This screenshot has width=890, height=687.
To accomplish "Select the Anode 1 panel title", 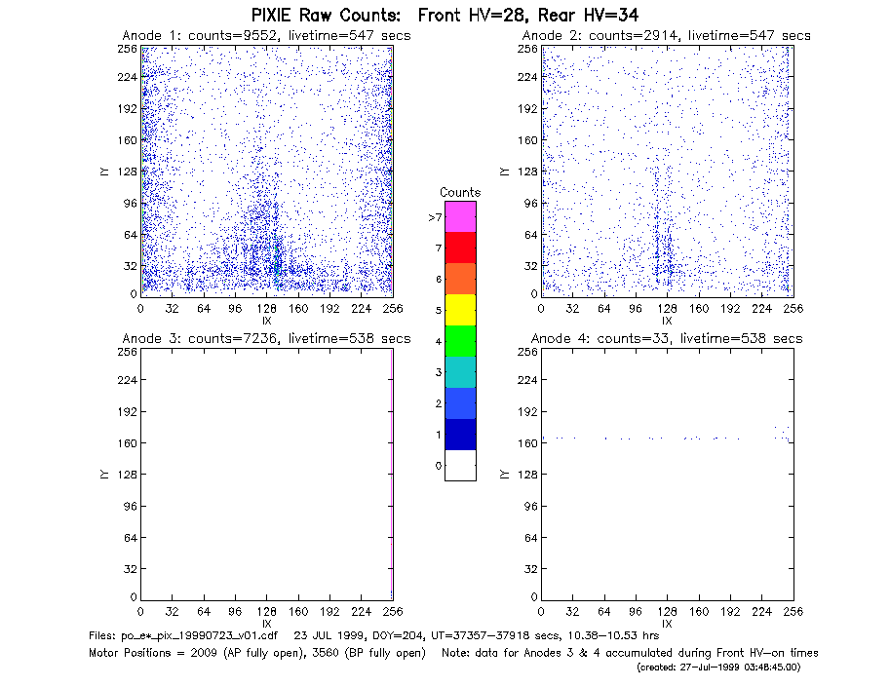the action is point(266,36).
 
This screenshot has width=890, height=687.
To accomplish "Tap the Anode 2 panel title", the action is point(667,36).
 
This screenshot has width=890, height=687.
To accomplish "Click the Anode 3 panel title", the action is point(266,339).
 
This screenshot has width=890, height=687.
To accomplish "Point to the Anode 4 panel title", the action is point(667,339).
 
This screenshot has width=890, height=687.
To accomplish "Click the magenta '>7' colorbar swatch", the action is point(460,216).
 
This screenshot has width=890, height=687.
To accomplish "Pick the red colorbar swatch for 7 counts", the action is point(460,248).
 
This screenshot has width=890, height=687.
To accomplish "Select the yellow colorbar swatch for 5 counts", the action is point(460,310).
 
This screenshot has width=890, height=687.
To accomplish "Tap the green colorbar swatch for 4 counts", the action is point(460,341).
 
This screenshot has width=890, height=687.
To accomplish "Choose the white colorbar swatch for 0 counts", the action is point(460,465).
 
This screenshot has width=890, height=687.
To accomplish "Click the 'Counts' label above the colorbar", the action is point(460,192).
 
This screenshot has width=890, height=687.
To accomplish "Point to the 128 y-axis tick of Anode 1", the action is point(127,172).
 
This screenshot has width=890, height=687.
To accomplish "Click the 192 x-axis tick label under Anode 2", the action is point(730,309).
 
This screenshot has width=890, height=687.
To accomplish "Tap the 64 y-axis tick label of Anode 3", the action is point(131,537).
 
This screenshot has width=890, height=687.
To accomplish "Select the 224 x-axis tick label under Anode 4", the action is point(761,612).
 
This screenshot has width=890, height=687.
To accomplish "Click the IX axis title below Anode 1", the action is point(267,321).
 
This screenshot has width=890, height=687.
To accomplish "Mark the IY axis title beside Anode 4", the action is point(504,475).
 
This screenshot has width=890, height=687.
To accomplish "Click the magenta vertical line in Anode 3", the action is point(392,475).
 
